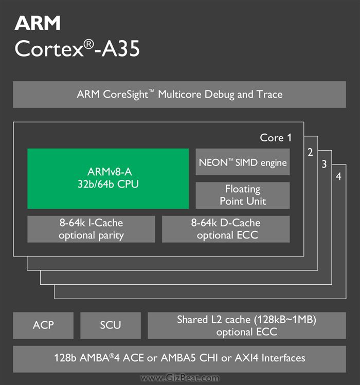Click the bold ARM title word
[38, 23]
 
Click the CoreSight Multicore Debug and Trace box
[179, 95]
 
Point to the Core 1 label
[276, 138]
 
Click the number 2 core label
[310, 152]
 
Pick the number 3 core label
[324, 164]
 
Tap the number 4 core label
[338, 177]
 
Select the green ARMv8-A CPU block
[108, 178]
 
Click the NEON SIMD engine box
[243, 162]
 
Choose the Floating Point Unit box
[243, 195]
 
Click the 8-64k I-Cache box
[91, 229]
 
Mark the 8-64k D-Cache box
[226, 229]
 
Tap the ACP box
[43, 325]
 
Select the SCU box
[111, 325]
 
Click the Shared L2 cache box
[246, 325]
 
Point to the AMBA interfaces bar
[179, 358]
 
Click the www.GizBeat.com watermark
[179, 378]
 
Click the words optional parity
[91, 236]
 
